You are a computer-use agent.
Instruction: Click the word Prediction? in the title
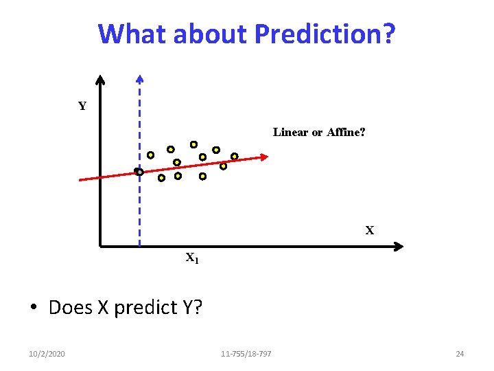tap(325, 34)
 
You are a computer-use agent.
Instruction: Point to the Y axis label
tap(82, 106)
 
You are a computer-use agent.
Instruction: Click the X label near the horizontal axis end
tap(370, 231)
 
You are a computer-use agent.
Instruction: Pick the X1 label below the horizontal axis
tap(192, 259)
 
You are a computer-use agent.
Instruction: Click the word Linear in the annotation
tap(291, 132)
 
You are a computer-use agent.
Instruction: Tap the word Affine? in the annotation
tap(344, 132)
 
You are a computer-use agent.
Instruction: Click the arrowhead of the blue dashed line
tap(140, 79)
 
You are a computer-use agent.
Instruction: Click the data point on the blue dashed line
tap(139, 172)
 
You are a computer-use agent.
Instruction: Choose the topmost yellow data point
tap(193, 144)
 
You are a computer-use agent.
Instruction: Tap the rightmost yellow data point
tap(234, 156)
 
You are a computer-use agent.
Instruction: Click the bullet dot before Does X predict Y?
tap(33, 308)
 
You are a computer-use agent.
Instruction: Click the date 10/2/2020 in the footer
tap(47, 354)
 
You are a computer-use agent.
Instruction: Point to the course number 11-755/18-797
tap(246, 354)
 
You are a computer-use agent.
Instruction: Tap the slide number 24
tap(460, 354)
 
